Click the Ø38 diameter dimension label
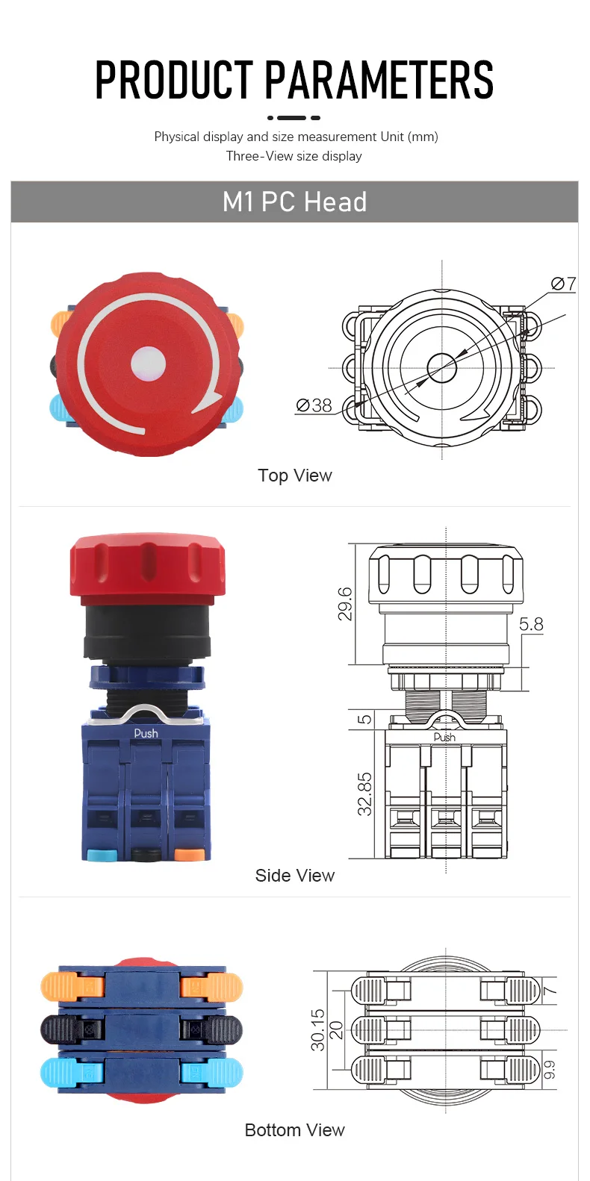tap(314, 405)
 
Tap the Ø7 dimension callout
tap(563, 284)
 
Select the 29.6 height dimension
tap(345, 604)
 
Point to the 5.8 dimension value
tap(531, 624)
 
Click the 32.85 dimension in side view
tap(364, 794)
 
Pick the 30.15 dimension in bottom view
tap(318, 1030)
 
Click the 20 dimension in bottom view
tap(336, 1029)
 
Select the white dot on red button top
tap(148, 364)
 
